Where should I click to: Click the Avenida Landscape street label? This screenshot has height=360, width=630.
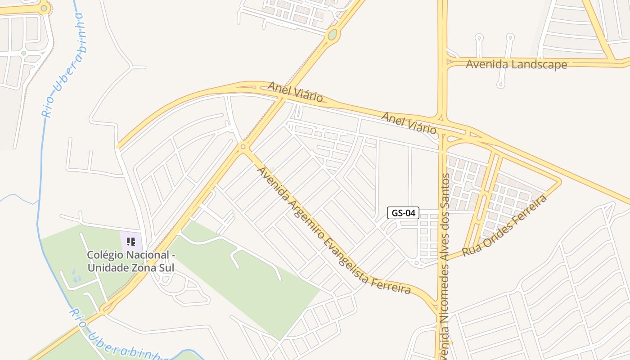[x=516, y=64]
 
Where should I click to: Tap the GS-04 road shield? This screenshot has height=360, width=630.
[x=403, y=213]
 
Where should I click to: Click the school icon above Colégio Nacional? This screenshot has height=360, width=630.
[x=131, y=242]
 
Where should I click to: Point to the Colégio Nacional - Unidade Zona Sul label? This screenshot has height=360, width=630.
[x=130, y=261]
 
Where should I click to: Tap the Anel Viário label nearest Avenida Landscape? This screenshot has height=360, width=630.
[x=409, y=123]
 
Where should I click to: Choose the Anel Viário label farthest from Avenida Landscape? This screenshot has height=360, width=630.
[x=295, y=91]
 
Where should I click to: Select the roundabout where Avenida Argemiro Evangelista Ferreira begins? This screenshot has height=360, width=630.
[x=243, y=146]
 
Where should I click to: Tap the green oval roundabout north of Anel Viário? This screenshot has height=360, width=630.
[x=333, y=34]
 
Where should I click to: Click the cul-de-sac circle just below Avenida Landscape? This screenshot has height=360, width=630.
[x=500, y=84]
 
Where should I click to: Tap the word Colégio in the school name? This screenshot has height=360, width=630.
[x=104, y=255]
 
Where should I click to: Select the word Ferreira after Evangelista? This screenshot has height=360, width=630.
[x=391, y=285]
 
